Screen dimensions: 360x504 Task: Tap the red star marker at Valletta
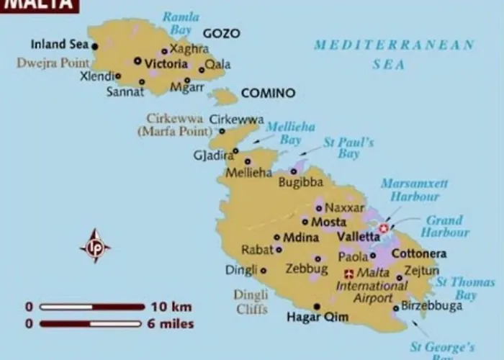pyautogui.click(x=384, y=228)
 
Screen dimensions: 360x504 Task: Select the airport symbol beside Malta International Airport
pyautogui.click(x=349, y=274)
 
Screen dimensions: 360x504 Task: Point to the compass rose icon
pyautogui.click(x=95, y=247)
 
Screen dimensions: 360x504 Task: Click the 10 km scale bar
pyautogui.click(x=91, y=307)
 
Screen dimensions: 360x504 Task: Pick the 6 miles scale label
pyautogui.click(x=171, y=324)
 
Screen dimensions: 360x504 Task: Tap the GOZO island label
pyautogui.click(x=221, y=33)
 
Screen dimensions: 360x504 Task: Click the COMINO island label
pyautogui.click(x=268, y=93)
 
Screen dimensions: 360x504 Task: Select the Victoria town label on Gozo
pyautogui.click(x=166, y=63)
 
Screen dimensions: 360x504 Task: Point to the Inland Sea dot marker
pyautogui.click(x=94, y=46)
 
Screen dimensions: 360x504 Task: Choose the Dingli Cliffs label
pyautogui.click(x=251, y=302)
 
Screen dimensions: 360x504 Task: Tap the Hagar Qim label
pyautogui.click(x=318, y=317)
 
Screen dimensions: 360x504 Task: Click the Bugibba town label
pyautogui.click(x=301, y=183)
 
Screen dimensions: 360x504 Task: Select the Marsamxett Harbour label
pyautogui.click(x=414, y=189)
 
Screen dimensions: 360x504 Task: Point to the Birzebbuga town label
pyautogui.click(x=432, y=306)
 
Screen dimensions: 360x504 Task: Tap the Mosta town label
pyautogui.click(x=328, y=222)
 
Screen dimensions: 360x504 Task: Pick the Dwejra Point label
pyautogui.click(x=53, y=63)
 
